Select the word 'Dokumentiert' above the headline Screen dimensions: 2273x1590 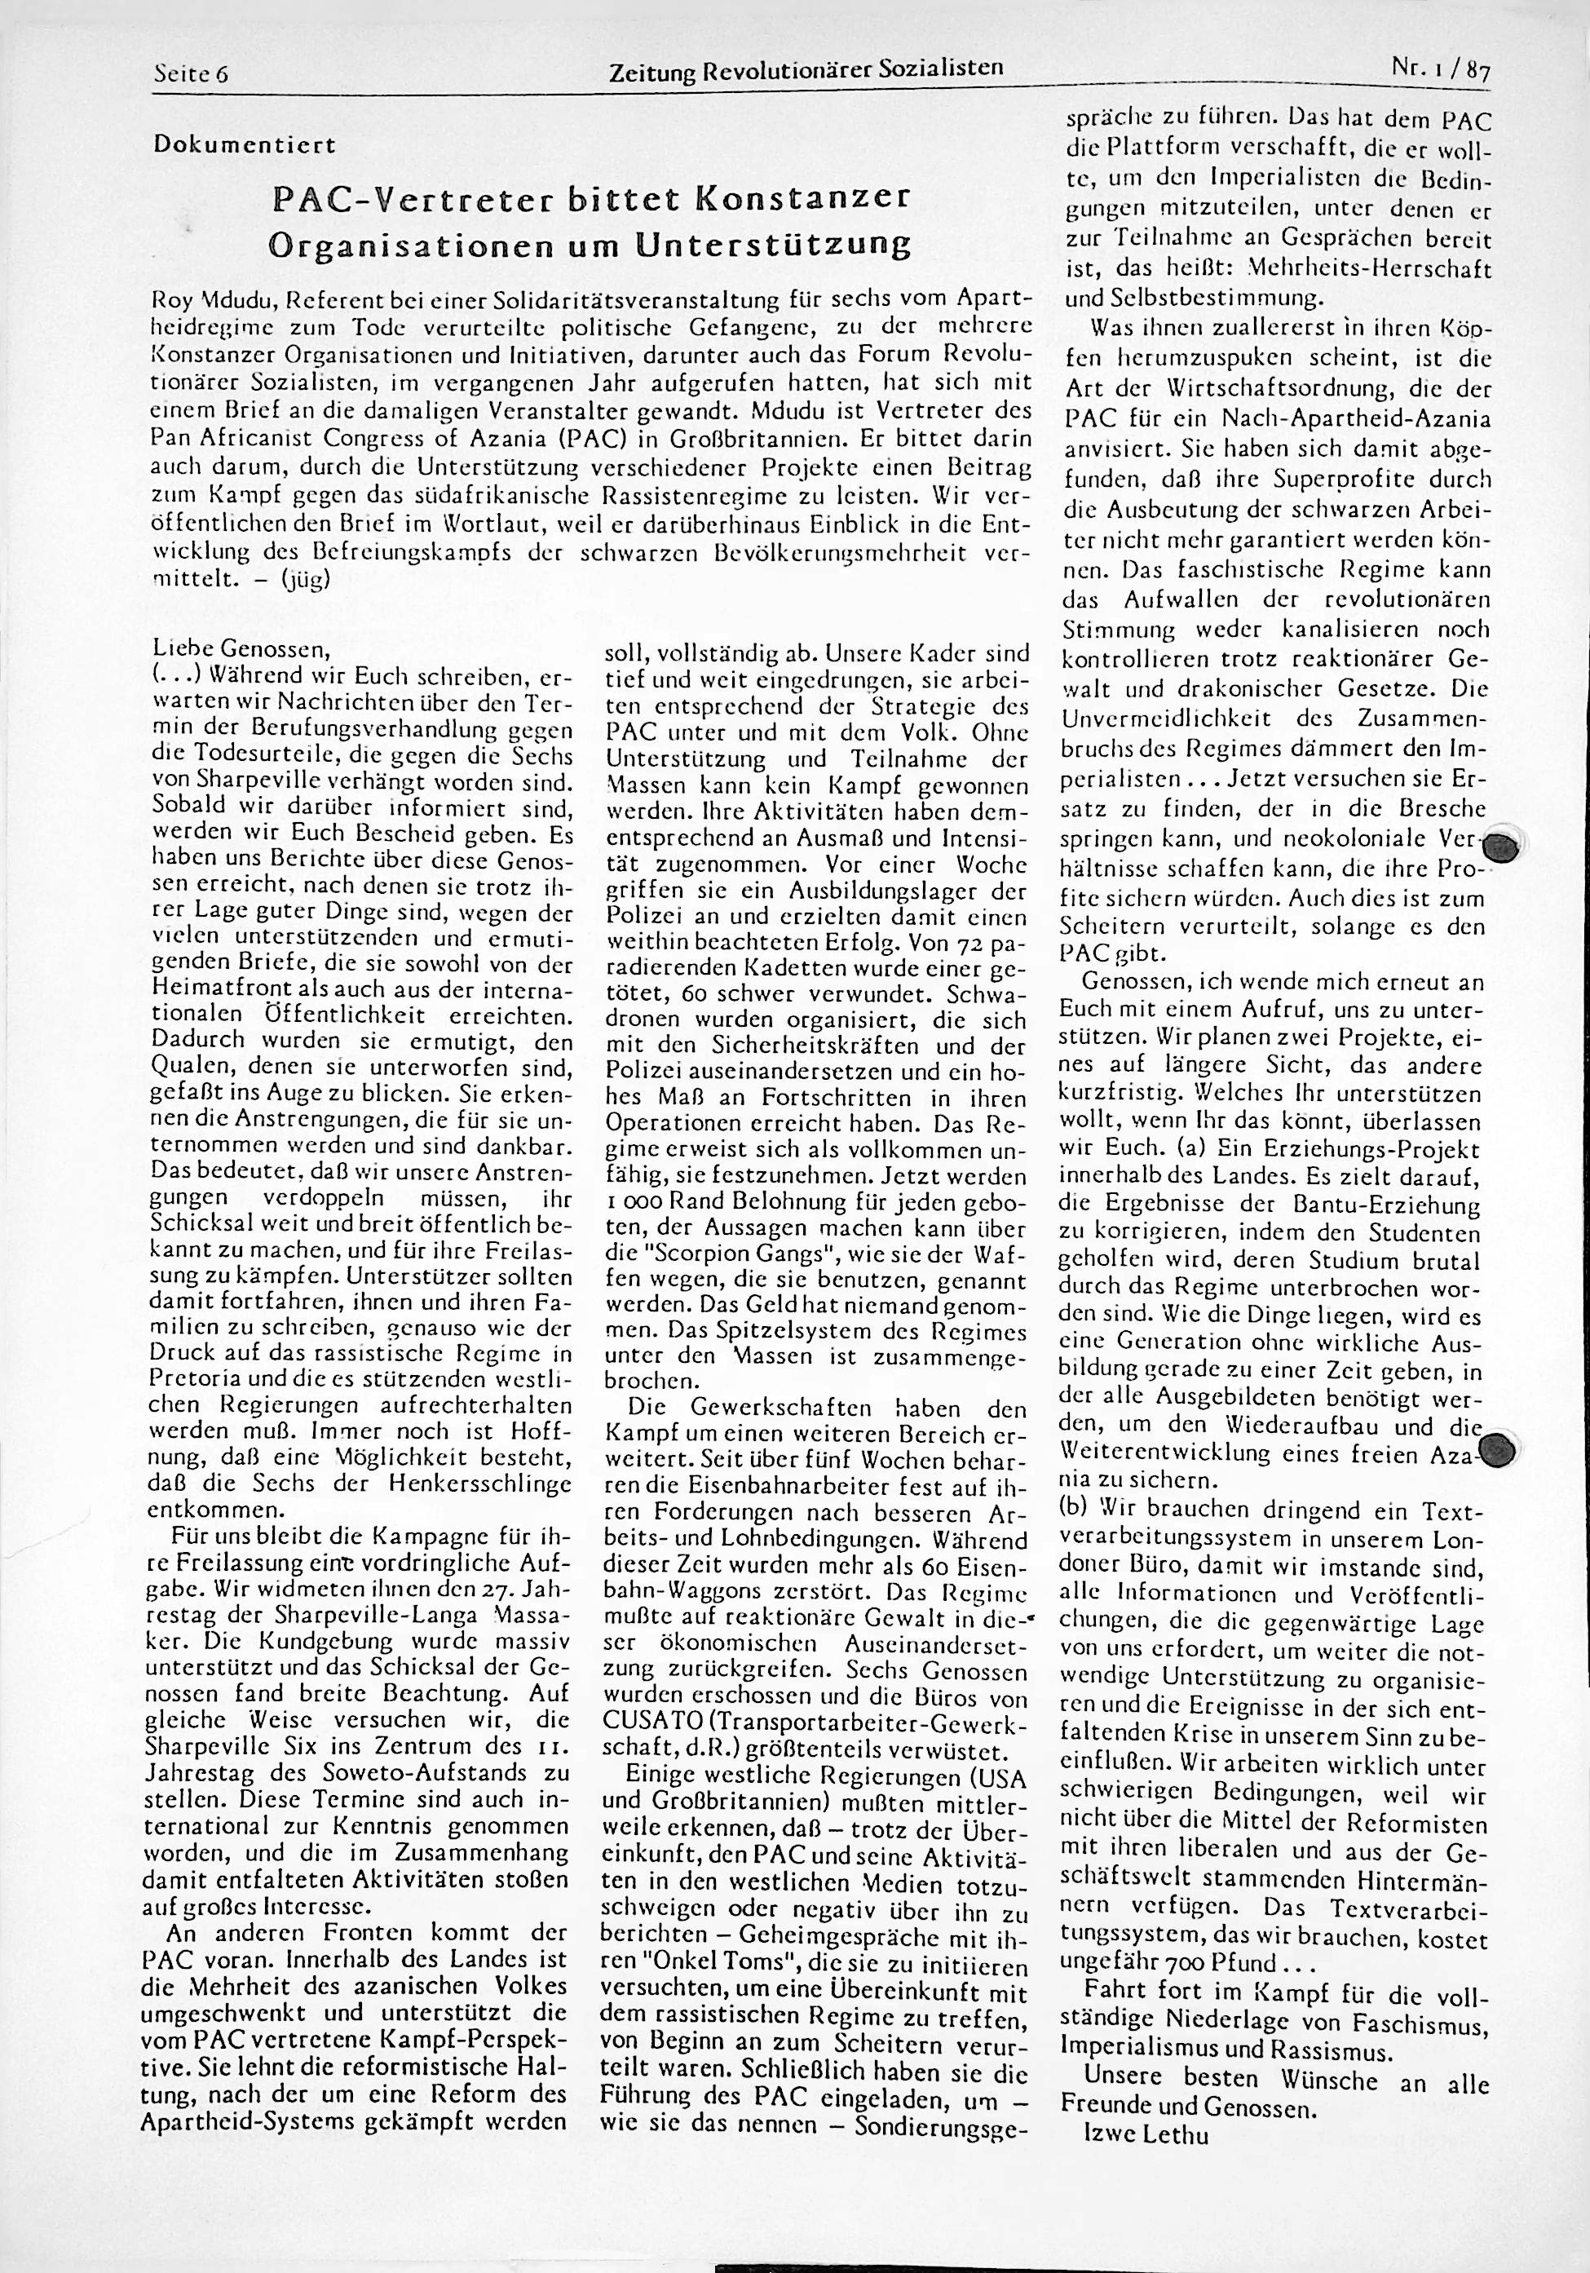[245, 145]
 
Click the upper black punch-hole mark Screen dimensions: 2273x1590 [1503, 847]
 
